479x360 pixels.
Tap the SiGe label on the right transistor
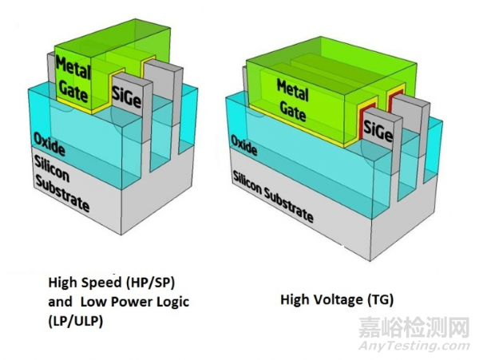378,129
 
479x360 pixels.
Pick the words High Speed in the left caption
79,281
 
